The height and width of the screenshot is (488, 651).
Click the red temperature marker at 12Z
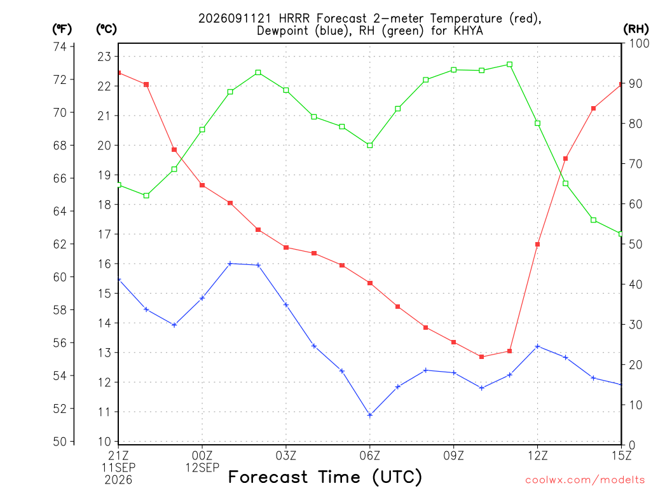pos(537,245)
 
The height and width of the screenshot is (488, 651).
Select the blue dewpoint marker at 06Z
pos(370,415)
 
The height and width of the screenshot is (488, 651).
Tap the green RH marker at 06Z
pos(370,146)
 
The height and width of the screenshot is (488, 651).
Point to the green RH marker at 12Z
pos(537,123)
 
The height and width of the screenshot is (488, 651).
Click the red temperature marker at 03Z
pos(286,247)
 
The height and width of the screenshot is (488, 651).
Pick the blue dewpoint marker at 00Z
pos(202,298)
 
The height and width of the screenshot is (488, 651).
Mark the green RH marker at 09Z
pos(454,70)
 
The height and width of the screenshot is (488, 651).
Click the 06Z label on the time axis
pos(369,456)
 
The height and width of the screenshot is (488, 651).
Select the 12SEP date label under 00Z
pos(202,468)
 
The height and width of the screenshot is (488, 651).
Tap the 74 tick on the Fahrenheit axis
pos(60,46)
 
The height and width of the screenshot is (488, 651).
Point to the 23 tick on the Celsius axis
pos(104,57)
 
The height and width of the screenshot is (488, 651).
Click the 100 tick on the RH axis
pos(639,43)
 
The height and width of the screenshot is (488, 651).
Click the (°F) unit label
pos(62,29)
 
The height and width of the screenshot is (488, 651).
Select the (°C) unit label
pos(106,29)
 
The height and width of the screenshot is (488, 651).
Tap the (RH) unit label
pos(636,29)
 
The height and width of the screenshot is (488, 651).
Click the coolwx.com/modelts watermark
pos(585,480)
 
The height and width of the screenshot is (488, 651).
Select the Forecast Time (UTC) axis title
pos(325,477)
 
